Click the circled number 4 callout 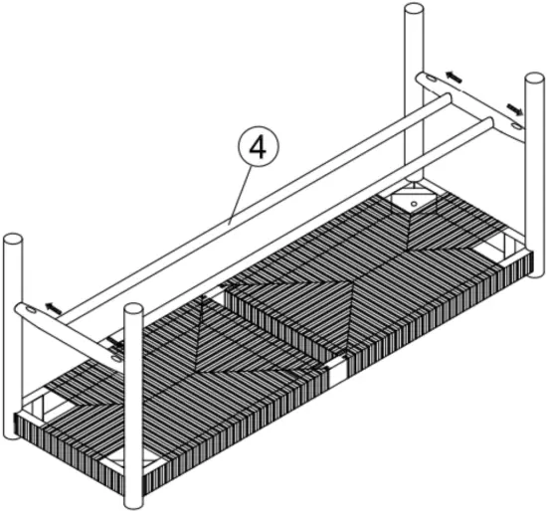[257, 148]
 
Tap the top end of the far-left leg [13, 242]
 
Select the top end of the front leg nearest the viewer [132, 313]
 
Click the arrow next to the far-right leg [514, 106]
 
